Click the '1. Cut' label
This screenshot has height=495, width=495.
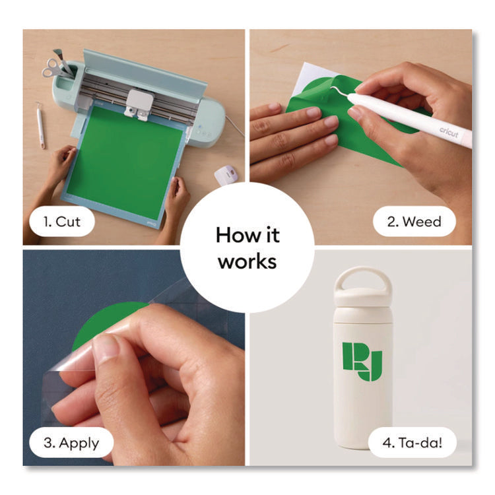pos(62,222)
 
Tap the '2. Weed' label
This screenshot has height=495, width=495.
pos(414,222)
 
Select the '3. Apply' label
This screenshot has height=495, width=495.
pos(71,443)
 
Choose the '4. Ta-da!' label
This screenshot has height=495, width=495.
pos(412,443)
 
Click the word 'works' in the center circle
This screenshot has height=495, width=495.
pos(247,262)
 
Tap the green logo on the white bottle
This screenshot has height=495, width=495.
pos(362,362)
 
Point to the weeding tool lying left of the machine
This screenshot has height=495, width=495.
pos(40,125)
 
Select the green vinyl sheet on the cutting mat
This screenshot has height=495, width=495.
pos(125,162)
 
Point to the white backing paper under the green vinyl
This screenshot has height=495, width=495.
pos(308,77)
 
